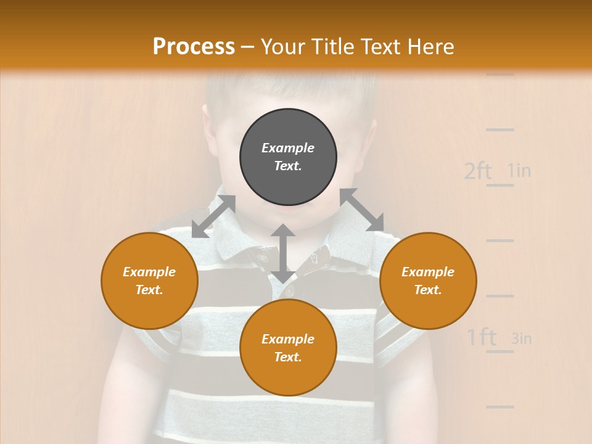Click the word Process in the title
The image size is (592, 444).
point(194,47)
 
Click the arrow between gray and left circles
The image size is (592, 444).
point(213,216)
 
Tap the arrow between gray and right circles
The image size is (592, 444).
point(361,210)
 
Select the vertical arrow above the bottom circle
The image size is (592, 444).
point(282,253)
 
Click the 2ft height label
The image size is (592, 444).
point(478,171)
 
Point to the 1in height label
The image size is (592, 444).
point(519,170)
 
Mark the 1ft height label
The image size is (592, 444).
point(481,337)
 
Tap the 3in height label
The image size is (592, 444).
point(521,338)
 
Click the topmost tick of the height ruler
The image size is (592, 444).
point(499,74)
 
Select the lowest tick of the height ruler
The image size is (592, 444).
point(499,406)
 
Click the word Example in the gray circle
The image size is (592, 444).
point(288,148)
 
